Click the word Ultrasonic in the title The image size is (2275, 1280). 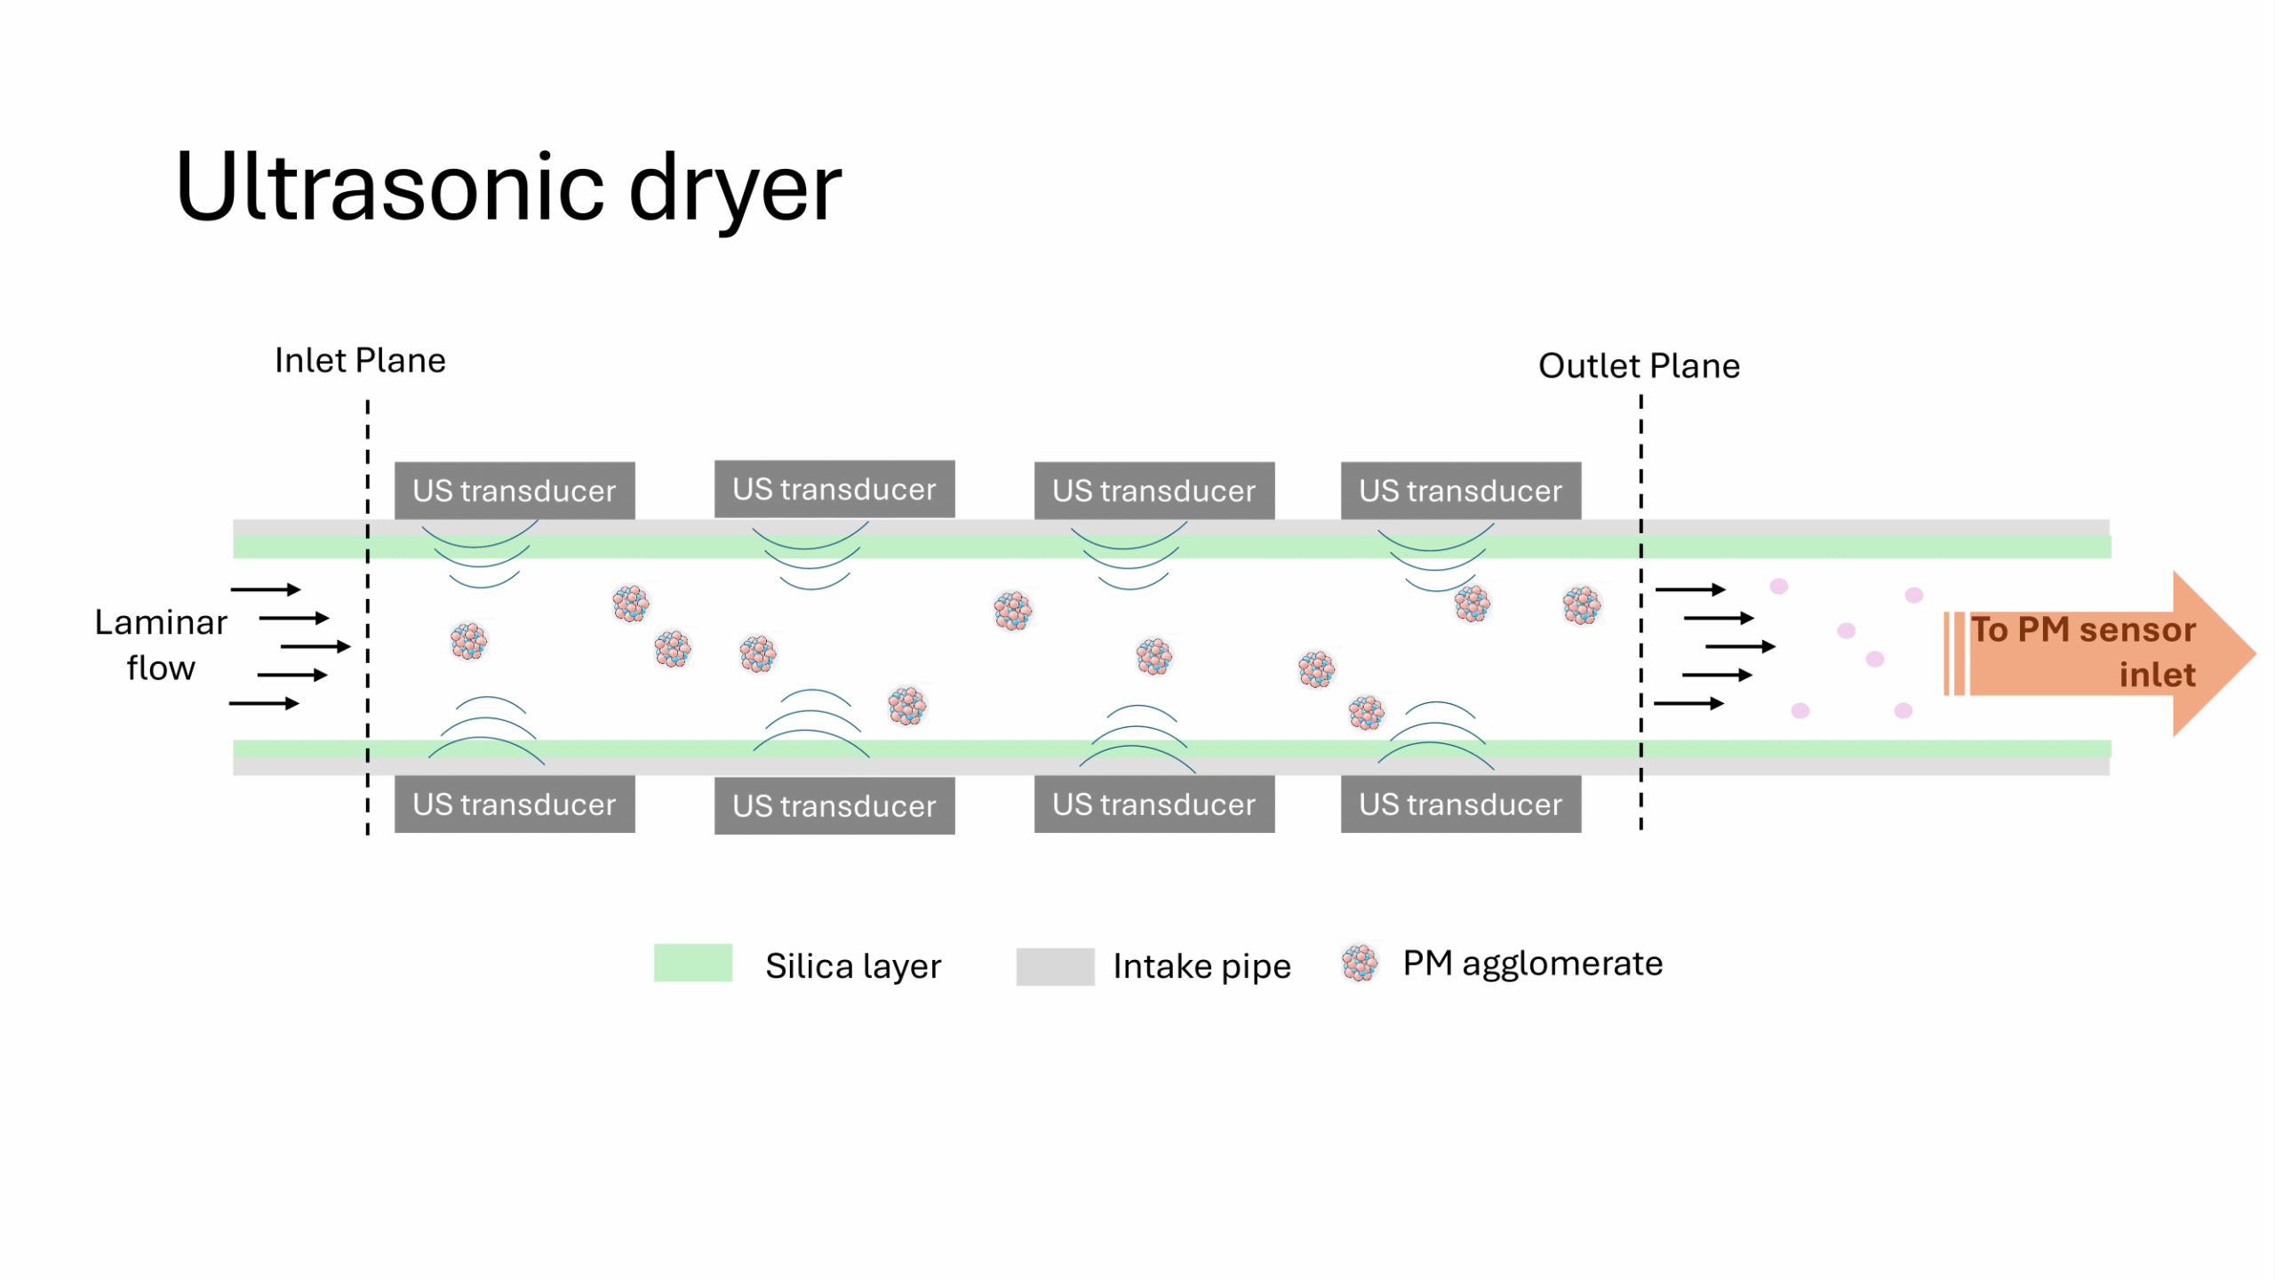pos(391,188)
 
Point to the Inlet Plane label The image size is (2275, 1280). pos(360,361)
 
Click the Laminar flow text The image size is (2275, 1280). pos(161,645)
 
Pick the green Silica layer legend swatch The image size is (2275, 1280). pos(692,963)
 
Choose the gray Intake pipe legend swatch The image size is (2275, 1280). pos(1055,966)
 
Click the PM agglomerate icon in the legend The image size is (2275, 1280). pos(1359,964)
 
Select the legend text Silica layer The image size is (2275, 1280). pos(852,966)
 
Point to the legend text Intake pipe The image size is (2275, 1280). pos(1201,966)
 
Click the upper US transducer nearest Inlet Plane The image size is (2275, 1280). pos(515,491)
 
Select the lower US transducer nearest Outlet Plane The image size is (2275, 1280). pos(1460,804)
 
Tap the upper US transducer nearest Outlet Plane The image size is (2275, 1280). pos(1460,491)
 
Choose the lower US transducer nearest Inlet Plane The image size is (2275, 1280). pos(515,804)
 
